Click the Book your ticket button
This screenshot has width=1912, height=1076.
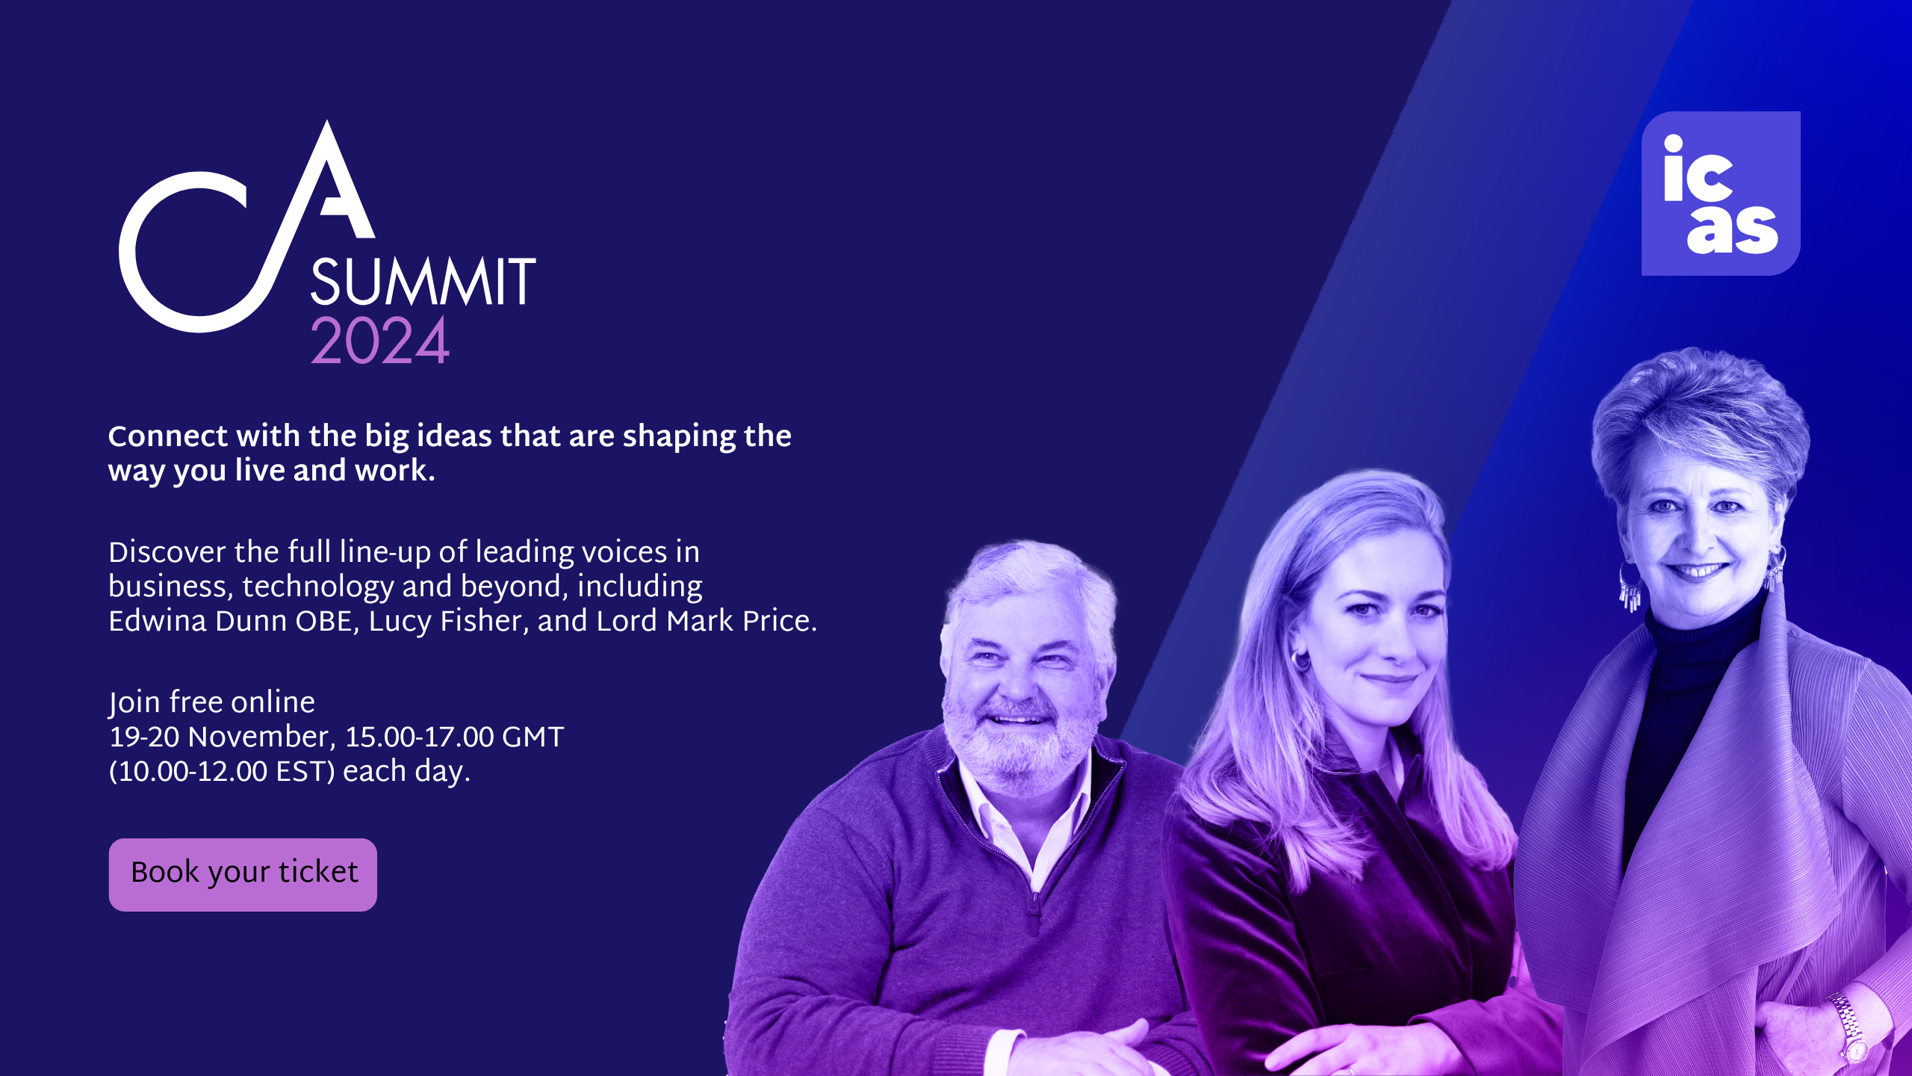click(x=243, y=874)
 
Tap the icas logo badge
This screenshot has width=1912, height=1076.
click(x=1721, y=194)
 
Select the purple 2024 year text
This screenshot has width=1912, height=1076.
click(x=379, y=341)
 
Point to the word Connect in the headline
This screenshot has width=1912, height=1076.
click(x=167, y=436)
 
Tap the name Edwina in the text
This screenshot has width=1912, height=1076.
click(x=157, y=621)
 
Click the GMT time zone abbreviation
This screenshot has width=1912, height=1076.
click(x=533, y=738)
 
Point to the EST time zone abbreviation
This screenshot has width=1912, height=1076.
click(x=302, y=772)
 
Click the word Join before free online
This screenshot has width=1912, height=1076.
click(x=134, y=703)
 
